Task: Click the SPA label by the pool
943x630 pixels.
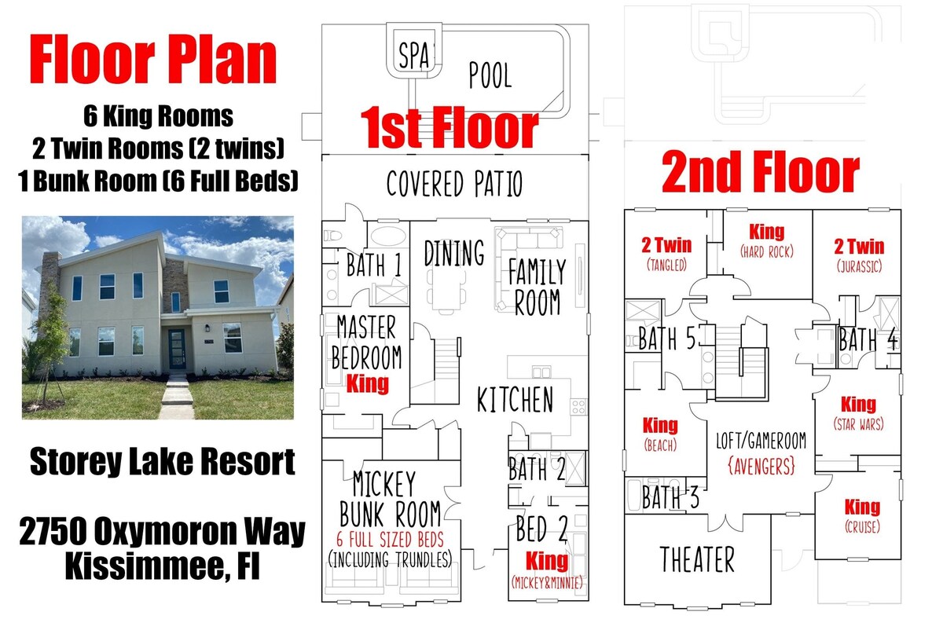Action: click(x=414, y=55)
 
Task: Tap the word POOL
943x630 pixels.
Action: click(x=490, y=75)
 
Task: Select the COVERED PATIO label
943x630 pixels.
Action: click(x=454, y=184)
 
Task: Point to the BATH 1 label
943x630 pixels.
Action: click(x=373, y=265)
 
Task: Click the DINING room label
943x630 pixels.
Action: click(x=454, y=253)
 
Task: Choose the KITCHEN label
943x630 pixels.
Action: click(x=515, y=399)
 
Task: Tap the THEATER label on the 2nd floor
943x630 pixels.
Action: click(x=697, y=559)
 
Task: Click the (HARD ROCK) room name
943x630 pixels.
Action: click(x=767, y=251)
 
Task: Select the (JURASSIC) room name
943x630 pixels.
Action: click(x=859, y=266)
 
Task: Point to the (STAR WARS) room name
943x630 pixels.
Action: click(x=858, y=423)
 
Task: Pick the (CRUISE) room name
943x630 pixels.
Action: click(x=862, y=526)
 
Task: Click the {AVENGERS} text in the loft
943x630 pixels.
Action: click(x=761, y=467)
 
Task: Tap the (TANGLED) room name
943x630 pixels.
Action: click(x=666, y=265)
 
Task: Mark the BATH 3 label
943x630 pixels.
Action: click(x=670, y=497)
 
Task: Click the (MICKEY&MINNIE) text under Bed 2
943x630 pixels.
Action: click(x=547, y=582)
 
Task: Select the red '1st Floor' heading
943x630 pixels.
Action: click(x=449, y=127)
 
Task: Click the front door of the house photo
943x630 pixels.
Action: click(x=176, y=349)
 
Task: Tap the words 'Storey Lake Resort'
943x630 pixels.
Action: click(x=163, y=462)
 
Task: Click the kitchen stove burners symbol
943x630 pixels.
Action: click(x=578, y=407)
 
